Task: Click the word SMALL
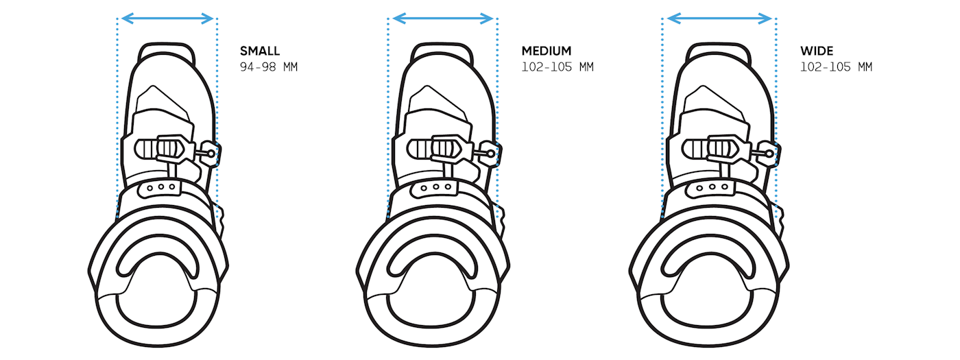coord(260,51)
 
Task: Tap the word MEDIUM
coord(547,51)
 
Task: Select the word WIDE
coord(817,51)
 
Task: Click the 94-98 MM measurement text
coord(269,67)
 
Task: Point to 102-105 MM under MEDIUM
coord(557,67)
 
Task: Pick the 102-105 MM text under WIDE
coord(836,67)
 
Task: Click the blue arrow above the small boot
coord(167,19)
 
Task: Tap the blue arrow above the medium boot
coord(443,19)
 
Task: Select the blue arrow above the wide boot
coord(719,19)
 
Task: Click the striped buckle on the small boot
coord(159,149)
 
